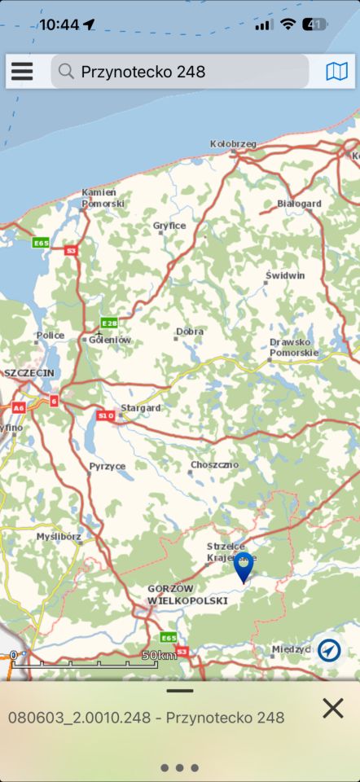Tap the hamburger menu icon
[22, 72]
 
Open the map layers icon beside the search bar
[336, 72]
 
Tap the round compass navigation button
[329, 650]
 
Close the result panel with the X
[332, 708]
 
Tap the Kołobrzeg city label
[233, 144]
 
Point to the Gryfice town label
[169, 225]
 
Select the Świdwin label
[285, 275]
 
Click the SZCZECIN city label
[29, 372]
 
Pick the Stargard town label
[141, 407]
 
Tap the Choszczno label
[214, 464]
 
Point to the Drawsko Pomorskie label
[294, 348]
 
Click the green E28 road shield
[108, 323]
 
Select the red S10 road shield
[105, 415]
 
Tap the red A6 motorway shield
[18, 407]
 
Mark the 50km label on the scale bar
[159, 655]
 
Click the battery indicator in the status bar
[314, 24]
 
